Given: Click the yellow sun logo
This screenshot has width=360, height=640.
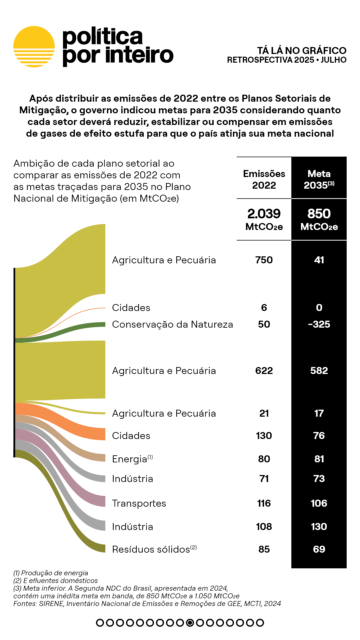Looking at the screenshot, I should (34, 47).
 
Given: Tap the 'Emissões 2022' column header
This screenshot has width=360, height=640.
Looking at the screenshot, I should (264, 179).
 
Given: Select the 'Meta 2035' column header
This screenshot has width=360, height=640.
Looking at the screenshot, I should (319, 179).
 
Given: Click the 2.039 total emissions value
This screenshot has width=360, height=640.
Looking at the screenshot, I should (264, 214).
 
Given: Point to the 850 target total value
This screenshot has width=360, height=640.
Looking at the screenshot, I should (319, 214).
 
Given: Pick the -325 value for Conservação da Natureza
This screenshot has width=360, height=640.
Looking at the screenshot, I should (319, 324).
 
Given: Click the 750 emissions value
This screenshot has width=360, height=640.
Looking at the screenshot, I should (264, 260).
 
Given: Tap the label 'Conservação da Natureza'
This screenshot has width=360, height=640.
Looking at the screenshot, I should (172, 324).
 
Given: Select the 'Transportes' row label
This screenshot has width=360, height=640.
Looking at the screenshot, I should (139, 503).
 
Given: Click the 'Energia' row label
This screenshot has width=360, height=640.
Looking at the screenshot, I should (130, 459).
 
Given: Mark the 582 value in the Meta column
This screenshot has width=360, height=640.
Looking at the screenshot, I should (319, 371).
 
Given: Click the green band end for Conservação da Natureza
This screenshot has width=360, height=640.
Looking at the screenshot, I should (100, 325).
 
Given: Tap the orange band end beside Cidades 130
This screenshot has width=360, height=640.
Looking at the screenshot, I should (100, 434).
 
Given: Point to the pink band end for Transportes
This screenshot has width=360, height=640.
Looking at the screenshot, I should (100, 501).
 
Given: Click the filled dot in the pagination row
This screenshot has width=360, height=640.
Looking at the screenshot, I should (190, 623).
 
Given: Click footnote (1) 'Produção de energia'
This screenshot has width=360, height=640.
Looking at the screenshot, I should (51, 573).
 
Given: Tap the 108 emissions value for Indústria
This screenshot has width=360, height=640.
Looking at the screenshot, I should (264, 527).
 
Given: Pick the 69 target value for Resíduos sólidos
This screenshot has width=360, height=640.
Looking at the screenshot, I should (319, 549).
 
